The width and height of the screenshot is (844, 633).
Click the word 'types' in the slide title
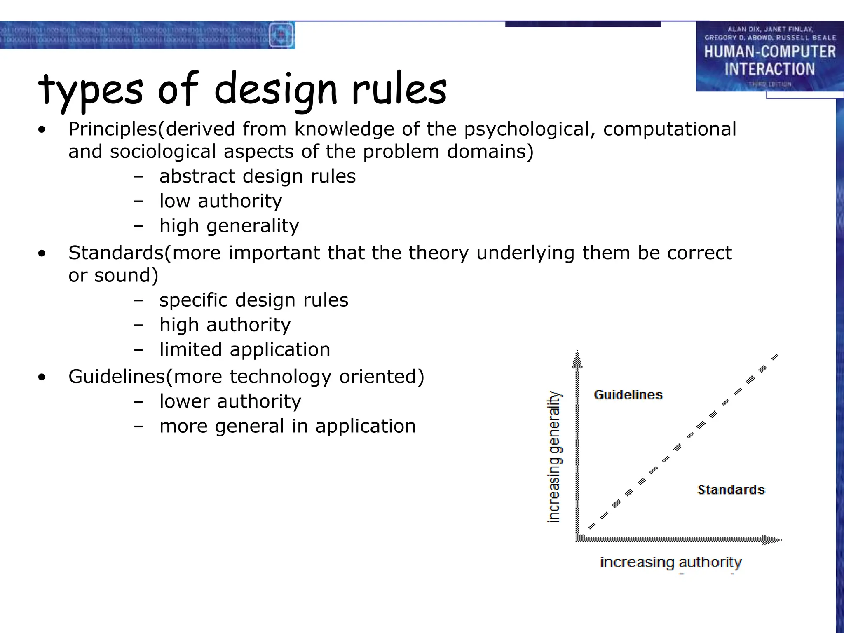[x=90, y=89]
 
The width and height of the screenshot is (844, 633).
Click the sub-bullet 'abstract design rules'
[x=257, y=176]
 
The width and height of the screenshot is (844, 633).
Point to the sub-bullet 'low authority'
[x=220, y=201]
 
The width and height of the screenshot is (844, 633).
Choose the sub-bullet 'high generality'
[x=229, y=226]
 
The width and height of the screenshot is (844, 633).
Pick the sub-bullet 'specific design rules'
[x=253, y=300]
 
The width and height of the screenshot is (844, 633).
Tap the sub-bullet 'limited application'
[x=245, y=350]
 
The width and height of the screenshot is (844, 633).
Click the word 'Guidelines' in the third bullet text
[x=117, y=377]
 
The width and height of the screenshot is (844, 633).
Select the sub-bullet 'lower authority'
[x=230, y=401]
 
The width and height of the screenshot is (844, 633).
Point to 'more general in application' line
[x=287, y=426]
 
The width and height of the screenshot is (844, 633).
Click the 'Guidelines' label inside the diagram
[x=628, y=395]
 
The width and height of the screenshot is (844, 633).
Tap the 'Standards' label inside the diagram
[x=731, y=490]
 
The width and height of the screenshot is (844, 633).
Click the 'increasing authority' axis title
[x=671, y=563]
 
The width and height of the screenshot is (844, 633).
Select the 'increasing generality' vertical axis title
[x=554, y=457]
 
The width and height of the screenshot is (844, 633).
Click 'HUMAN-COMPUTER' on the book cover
[x=769, y=52]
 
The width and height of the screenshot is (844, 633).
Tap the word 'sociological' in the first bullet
[x=163, y=152]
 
